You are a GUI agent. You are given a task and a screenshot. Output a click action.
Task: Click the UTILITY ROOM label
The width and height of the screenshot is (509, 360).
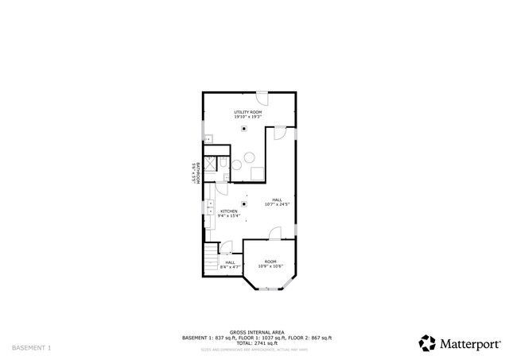(248, 113)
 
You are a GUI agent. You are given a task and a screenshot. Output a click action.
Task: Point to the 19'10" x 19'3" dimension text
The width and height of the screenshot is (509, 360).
(248, 118)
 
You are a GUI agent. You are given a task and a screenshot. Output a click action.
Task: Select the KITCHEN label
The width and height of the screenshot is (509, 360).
(228, 211)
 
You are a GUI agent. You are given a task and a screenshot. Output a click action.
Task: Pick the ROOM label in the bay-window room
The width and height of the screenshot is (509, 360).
(270, 261)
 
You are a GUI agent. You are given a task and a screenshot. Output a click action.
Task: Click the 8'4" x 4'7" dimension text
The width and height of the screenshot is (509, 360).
(230, 267)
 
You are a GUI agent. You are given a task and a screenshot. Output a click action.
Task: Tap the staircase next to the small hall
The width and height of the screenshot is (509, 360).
(210, 258)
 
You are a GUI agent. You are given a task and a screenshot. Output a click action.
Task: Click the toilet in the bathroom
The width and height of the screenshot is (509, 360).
(225, 165)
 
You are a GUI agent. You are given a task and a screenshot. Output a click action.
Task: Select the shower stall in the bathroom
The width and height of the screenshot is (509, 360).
(210, 165)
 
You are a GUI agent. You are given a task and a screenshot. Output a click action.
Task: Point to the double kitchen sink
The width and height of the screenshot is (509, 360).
(209, 208)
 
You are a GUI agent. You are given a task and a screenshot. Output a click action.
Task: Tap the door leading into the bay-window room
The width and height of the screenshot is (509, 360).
(274, 234)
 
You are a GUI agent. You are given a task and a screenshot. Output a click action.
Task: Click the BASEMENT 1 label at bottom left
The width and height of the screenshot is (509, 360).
(32, 347)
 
